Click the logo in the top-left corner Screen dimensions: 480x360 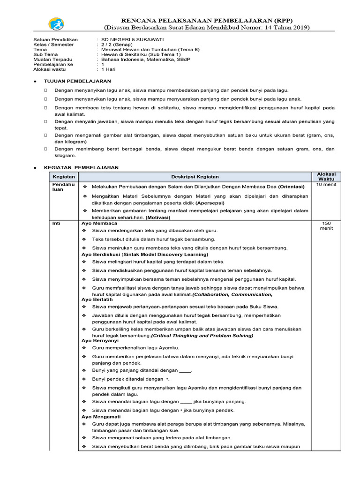(57, 24)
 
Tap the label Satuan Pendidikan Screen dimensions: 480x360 (56, 39)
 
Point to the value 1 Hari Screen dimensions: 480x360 (109, 69)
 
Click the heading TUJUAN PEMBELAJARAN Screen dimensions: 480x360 (77, 81)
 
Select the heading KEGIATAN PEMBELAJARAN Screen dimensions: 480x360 (81, 167)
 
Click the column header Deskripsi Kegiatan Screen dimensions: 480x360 (195, 177)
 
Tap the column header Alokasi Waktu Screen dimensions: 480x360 (327, 176)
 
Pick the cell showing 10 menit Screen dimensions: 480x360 (326, 185)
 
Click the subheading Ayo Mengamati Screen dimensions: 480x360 (101, 416)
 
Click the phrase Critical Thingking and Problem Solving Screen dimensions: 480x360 (202, 336)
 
